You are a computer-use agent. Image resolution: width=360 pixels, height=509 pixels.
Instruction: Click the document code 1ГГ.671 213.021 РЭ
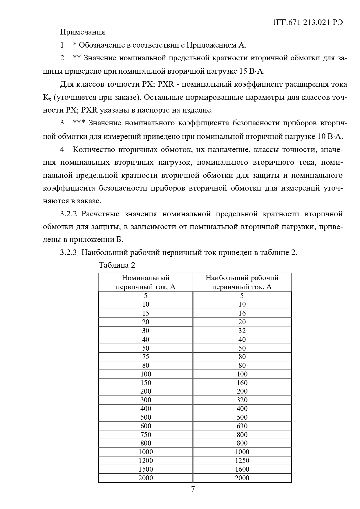pyautogui.click(x=308, y=23)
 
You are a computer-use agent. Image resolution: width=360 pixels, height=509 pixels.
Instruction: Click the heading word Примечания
pyautogui.click(x=82, y=32)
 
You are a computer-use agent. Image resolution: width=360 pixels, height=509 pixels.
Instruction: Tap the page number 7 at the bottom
pyautogui.click(x=193, y=489)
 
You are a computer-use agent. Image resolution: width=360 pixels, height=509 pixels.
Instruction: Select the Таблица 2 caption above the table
pyautogui.click(x=117, y=265)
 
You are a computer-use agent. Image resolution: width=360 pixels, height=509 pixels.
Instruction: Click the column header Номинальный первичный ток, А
pyautogui.click(x=146, y=282)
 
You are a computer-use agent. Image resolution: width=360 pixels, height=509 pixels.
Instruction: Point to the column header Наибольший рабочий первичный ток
pyautogui.click(x=242, y=282)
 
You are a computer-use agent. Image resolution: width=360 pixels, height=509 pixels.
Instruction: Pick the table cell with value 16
pyautogui.click(x=242, y=313)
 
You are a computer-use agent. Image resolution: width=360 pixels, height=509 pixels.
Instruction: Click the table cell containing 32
pyautogui.click(x=242, y=331)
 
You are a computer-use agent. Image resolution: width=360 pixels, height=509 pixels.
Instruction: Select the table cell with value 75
pyautogui.click(x=146, y=357)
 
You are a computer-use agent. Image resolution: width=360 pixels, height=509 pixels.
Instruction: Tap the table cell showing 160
pyautogui.click(x=242, y=383)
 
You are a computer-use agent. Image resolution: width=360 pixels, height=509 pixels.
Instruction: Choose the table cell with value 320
pyautogui.click(x=242, y=400)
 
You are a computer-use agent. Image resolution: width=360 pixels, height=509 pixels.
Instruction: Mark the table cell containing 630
pyautogui.click(x=242, y=426)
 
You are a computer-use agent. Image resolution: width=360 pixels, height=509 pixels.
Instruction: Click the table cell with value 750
pyautogui.click(x=146, y=435)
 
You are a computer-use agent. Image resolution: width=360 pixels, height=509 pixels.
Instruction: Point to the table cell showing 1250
pyautogui.click(x=242, y=461)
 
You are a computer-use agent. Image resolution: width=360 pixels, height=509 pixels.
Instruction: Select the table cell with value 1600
pyautogui.click(x=242, y=469)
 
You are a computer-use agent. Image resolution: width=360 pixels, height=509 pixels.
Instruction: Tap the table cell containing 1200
pyautogui.click(x=146, y=461)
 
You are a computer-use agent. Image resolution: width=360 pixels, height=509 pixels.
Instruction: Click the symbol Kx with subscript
pyautogui.click(x=47, y=98)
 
